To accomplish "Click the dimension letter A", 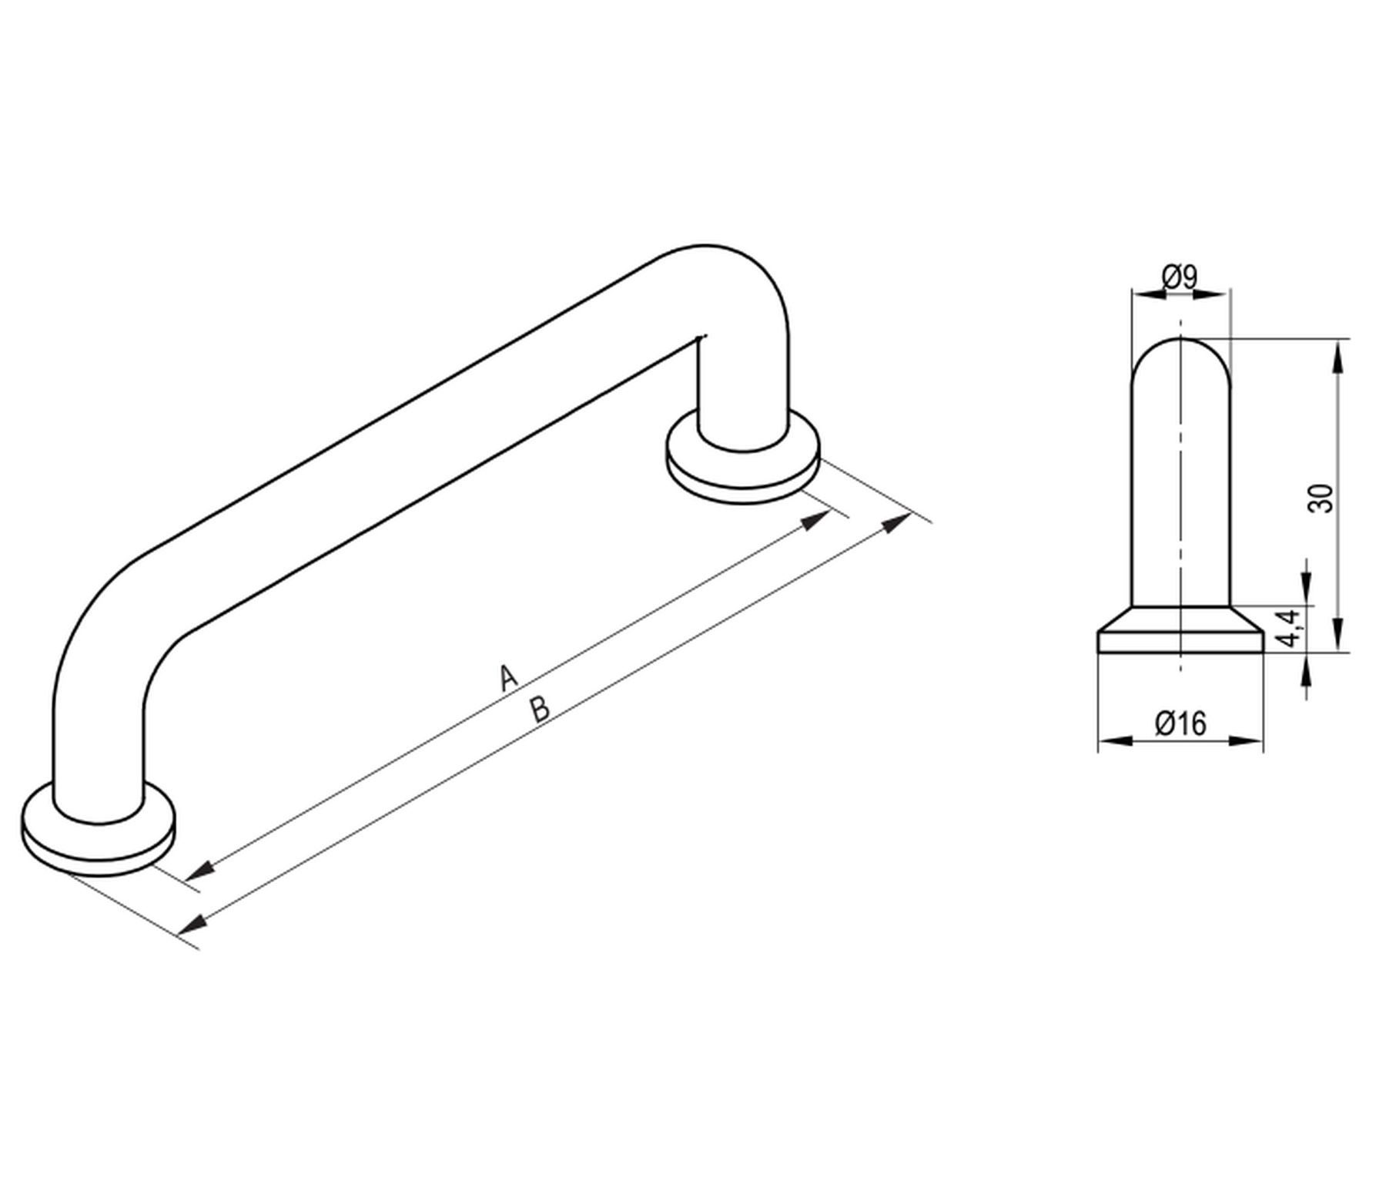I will (507, 677).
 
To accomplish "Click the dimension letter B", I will (541, 709).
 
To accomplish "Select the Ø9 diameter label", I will (1180, 277).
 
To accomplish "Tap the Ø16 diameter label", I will (1180, 723).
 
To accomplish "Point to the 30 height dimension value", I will (1320, 498).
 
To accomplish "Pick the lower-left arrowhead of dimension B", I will (192, 921).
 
